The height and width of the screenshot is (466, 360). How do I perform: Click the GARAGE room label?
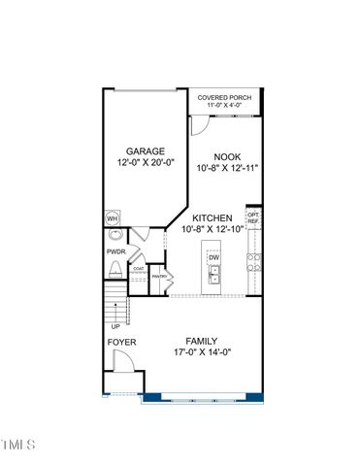(145, 151)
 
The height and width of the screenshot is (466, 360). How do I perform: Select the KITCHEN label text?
(212, 218)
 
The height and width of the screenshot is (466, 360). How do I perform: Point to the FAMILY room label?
(203, 342)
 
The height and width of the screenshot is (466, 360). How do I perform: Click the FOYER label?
(121, 343)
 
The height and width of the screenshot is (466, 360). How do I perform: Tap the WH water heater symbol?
(113, 218)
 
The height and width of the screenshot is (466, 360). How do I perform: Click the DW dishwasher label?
(214, 257)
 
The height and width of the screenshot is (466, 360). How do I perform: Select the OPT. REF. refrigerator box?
(253, 217)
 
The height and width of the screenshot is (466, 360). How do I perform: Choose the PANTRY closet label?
(160, 277)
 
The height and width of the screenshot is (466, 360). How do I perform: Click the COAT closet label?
(139, 268)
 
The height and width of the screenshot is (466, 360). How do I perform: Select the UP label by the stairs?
(115, 326)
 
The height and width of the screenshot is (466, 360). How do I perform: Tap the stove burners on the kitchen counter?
(253, 260)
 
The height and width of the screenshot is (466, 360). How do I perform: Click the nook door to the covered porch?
(200, 124)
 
